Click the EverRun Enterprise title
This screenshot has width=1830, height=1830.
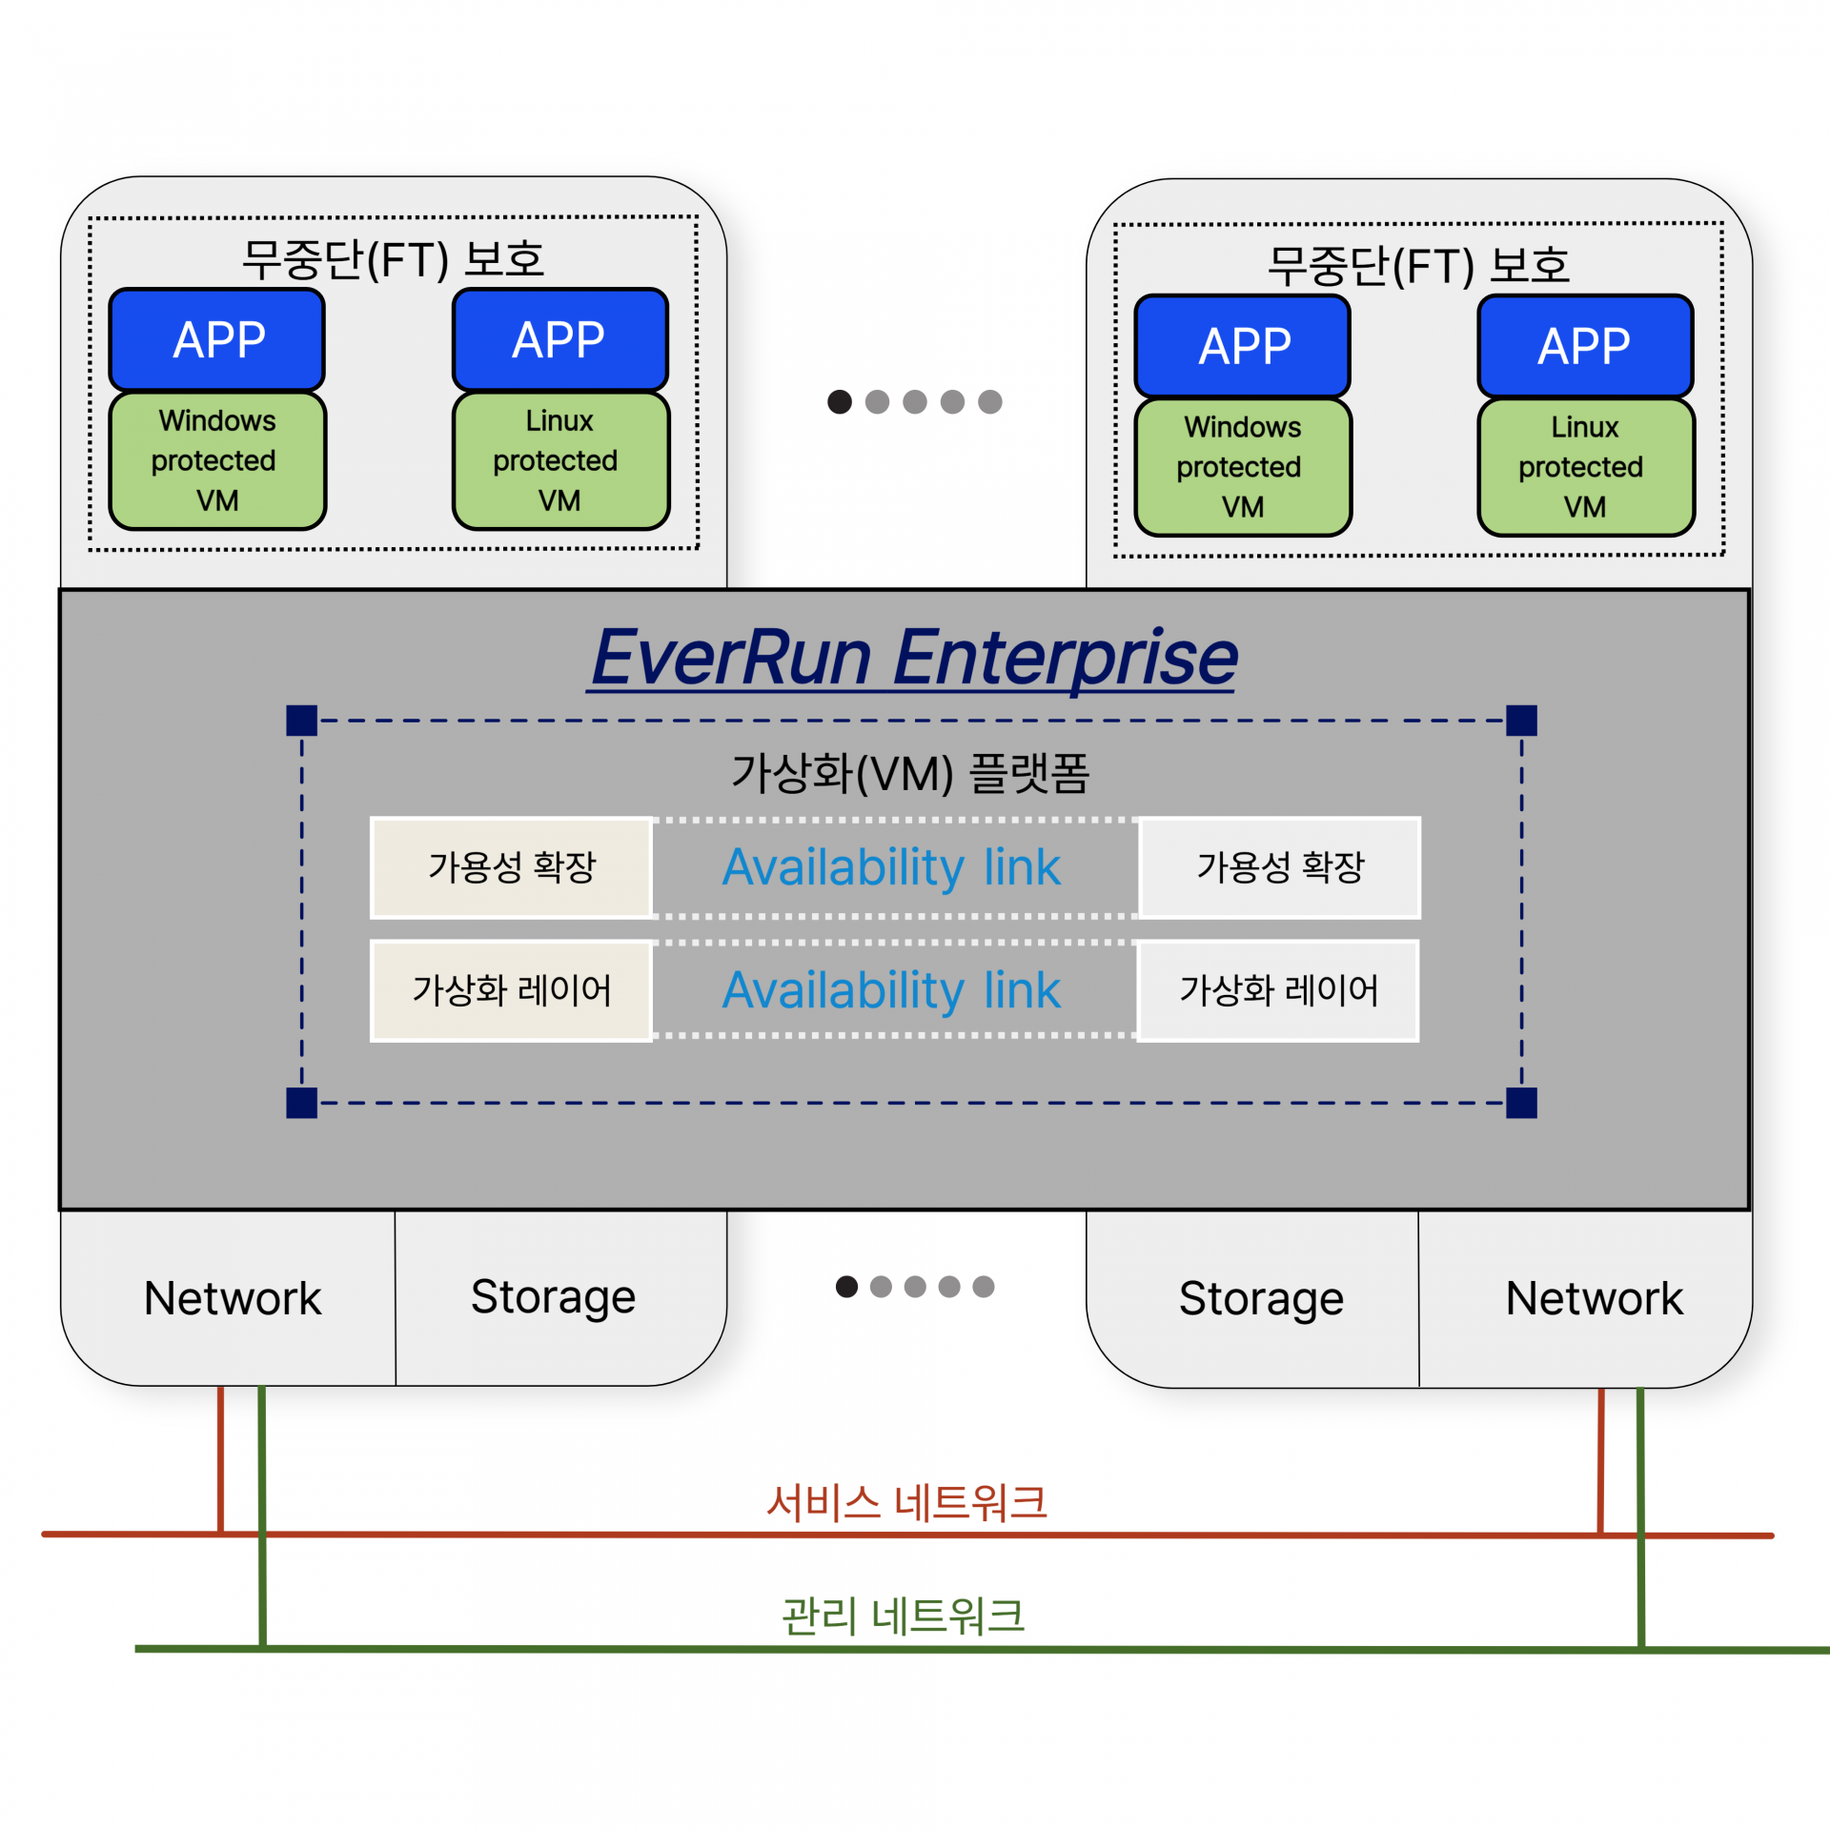[x=913, y=658]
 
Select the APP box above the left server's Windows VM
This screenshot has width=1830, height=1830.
[x=217, y=339]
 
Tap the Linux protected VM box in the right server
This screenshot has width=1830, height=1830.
[x=1586, y=467]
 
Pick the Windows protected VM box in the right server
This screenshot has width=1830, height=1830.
[x=1243, y=467]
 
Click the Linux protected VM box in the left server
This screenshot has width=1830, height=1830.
[x=560, y=460]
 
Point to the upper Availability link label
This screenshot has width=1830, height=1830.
[x=891, y=867]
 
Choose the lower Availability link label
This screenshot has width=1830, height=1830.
[x=891, y=990]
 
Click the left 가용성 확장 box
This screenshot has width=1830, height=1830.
[x=512, y=867]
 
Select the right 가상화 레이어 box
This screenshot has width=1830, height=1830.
[x=1278, y=990]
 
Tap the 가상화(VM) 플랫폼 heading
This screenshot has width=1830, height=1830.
[x=910, y=773]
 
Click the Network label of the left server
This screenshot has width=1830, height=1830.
[x=233, y=1298]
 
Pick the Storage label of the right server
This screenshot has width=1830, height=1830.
[x=1261, y=1298]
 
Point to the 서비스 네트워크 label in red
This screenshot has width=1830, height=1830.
[x=906, y=1503]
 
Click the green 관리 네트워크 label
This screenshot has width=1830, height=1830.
[x=903, y=1616]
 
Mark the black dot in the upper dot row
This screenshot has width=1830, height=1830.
[x=840, y=402]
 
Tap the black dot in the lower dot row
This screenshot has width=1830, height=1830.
[x=846, y=1287]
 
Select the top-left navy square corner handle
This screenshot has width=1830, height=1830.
[x=302, y=721]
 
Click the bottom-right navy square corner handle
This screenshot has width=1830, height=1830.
[x=1521, y=1103]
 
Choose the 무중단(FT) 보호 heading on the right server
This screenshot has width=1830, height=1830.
[x=1418, y=265]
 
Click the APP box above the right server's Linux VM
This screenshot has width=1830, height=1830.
[x=1585, y=346]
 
